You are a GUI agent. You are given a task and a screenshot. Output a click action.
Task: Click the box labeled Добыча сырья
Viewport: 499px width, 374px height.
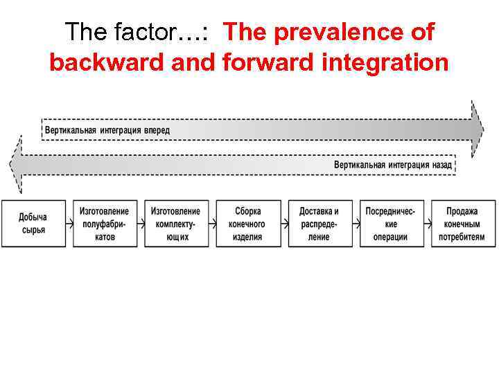[x=33, y=224]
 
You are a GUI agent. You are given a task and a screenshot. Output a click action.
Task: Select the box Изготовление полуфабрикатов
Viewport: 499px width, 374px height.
[x=104, y=224]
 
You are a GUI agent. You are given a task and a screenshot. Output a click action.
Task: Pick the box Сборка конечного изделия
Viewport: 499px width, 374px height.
[x=248, y=224]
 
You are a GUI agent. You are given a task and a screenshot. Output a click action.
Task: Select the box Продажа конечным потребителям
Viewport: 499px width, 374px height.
[x=462, y=224]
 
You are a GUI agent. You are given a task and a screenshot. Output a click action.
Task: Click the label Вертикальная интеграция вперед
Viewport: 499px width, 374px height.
[x=107, y=130]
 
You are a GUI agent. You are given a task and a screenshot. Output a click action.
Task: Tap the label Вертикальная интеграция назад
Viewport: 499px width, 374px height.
[x=392, y=165]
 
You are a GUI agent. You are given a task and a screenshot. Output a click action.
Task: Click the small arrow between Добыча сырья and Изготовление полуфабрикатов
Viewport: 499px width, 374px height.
[x=69, y=224]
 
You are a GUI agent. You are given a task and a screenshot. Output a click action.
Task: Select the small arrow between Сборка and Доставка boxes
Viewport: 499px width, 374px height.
[x=284, y=224]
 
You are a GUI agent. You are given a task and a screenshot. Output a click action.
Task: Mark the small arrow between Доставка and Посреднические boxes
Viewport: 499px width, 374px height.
[x=356, y=224]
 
